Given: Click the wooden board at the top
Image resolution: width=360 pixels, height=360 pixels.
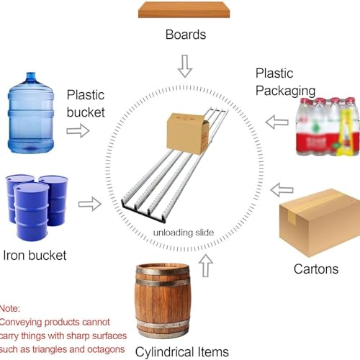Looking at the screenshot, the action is (x=184, y=9).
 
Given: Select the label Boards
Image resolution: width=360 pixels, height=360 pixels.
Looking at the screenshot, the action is (x=186, y=35).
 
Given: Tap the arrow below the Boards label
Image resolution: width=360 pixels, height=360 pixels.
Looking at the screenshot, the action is (x=185, y=66).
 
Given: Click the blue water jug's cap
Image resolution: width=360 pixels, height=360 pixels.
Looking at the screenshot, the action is (x=31, y=76).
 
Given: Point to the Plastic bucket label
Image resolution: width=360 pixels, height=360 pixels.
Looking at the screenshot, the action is (x=86, y=104).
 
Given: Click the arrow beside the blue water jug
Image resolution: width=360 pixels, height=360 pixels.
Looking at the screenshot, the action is (x=78, y=131).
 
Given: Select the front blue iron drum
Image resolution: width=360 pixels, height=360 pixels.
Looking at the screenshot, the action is (x=32, y=212).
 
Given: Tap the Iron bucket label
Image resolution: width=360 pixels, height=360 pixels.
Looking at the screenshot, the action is (x=35, y=256).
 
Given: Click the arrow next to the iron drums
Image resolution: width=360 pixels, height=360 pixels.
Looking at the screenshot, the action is (x=90, y=204).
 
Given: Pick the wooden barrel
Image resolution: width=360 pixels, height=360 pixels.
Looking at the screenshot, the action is (x=163, y=301).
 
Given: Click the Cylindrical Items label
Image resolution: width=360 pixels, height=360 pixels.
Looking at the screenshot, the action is (x=182, y=352).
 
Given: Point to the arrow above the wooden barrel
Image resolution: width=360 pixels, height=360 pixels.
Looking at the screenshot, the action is (x=206, y=266).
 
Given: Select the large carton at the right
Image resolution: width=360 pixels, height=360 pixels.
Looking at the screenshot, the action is (x=320, y=222).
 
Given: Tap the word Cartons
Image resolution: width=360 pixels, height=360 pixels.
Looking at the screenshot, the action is (x=316, y=269).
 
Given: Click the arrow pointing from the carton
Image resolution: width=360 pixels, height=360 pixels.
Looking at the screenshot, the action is (x=282, y=190).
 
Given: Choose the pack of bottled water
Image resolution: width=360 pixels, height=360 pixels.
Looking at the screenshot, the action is (x=328, y=127).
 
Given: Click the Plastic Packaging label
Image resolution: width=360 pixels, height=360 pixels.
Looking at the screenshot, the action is (x=285, y=82).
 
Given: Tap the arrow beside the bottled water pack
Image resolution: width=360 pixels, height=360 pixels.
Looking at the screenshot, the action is (x=277, y=122).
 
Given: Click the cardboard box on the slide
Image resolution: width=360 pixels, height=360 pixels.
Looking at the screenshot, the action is (x=188, y=133).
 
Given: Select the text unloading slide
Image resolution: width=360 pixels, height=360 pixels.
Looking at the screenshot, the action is (x=184, y=233).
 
